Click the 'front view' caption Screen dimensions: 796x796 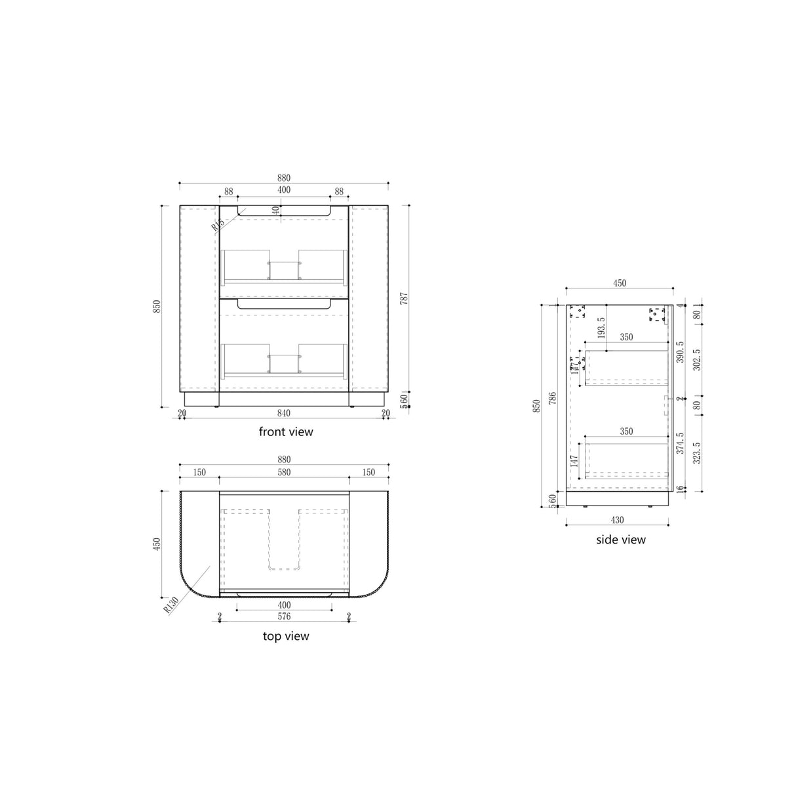tap(286, 431)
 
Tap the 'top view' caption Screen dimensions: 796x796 tap(286, 636)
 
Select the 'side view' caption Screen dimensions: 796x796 tap(620, 540)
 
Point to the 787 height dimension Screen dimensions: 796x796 tap(403, 300)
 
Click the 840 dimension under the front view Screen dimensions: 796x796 tap(283, 412)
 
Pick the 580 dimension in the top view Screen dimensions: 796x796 tap(283, 472)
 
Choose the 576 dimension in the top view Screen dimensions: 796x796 tap(283, 616)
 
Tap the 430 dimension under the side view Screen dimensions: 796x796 tap(617, 519)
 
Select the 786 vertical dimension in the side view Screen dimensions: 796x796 tap(552, 401)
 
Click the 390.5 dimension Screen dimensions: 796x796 tap(680, 352)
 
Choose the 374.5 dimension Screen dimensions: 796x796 tap(680, 443)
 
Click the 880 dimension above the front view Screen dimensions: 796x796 tap(283, 178)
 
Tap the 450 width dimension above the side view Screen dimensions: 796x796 tap(620, 283)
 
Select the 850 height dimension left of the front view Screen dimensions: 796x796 tap(156, 306)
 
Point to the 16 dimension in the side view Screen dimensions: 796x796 tap(680, 488)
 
